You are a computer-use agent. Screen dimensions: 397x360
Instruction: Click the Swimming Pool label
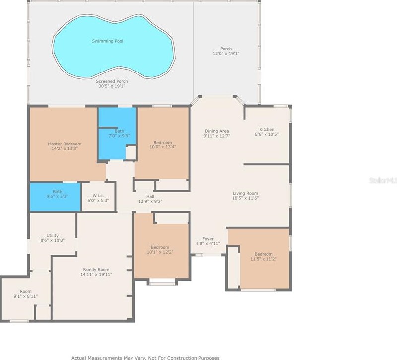pos(107,41)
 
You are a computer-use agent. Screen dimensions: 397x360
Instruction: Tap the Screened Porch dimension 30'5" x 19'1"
pos(112,86)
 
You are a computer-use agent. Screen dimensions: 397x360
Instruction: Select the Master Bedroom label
pos(65,144)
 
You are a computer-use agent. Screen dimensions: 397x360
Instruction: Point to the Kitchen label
pos(266,129)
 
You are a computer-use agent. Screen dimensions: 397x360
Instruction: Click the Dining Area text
pos(217,131)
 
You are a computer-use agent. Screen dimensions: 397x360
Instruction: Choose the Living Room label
pos(245,193)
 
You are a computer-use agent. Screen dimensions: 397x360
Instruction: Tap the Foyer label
pos(208,239)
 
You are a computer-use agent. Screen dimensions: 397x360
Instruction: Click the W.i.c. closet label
pos(98,196)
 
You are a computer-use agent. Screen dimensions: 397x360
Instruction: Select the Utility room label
pos(53,235)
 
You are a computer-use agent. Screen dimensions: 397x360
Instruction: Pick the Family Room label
pos(96,270)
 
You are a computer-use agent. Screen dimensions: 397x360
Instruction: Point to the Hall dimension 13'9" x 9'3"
pos(150,201)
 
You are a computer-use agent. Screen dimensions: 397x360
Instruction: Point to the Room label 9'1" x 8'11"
pos(26,294)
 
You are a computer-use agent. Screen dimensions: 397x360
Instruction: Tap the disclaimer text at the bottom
pos(145,358)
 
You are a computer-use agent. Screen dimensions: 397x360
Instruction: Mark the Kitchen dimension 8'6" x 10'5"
pos(266,134)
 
